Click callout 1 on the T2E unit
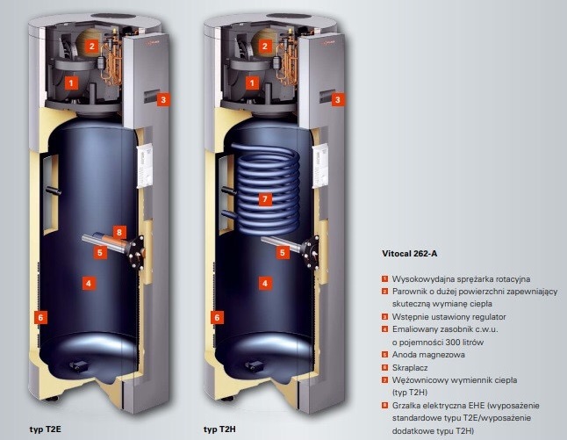pos(71,82)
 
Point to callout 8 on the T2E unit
pos(120,233)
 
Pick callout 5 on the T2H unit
pos(283,252)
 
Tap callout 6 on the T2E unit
pos(40,315)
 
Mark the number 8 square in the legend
pos(384,406)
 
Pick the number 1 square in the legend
pos(384,278)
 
